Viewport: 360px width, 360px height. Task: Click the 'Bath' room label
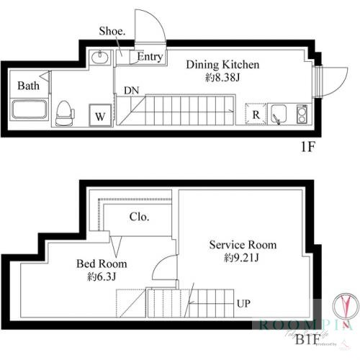pyautogui.click(x=29, y=86)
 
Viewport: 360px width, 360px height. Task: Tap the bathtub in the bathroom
pyautogui.click(x=30, y=112)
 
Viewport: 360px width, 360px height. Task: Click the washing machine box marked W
pyautogui.click(x=99, y=114)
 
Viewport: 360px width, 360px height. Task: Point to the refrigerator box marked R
pyautogui.click(x=255, y=114)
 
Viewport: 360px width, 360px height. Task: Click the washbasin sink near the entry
pyautogui.click(x=100, y=58)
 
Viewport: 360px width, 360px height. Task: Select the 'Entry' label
pyautogui.click(x=149, y=57)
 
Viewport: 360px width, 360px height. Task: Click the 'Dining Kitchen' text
pyautogui.click(x=222, y=64)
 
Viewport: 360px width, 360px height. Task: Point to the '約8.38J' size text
pyautogui.click(x=222, y=76)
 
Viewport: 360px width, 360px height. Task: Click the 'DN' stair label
pyautogui.click(x=131, y=91)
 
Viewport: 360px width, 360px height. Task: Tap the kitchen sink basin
pyautogui.click(x=279, y=114)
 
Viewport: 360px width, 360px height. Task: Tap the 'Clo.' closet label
pyautogui.click(x=139, y=217)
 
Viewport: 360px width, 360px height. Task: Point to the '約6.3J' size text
pyautogui.click(x=102, y=276)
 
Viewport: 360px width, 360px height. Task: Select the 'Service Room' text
pyautogui.click(x=243, y=245)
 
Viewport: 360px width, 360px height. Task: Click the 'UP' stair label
pyautogui.click(x=244, y=303)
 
